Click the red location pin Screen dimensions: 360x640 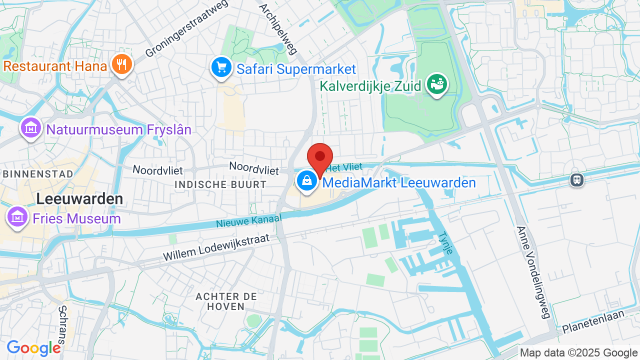(320, 157)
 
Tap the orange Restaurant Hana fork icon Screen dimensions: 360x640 (121, 64)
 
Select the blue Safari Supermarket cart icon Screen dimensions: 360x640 (220, 67)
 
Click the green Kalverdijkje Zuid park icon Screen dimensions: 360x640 (437, 84)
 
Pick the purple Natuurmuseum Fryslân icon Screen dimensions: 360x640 (31, 128)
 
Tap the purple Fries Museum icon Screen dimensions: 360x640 (17, 217)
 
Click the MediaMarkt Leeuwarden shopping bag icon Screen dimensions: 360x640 (307, 181)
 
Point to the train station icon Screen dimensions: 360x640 (577, 180)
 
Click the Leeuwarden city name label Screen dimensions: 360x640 (79, 199)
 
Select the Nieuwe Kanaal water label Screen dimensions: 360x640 (249, 220)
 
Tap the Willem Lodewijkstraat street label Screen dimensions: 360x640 (216, 247)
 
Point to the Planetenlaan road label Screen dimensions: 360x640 (593, 321)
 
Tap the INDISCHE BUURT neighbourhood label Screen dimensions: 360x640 (220, 184)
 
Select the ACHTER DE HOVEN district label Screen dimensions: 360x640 (226, 301)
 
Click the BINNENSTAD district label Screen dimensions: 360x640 (38, 174)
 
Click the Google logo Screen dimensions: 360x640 (33, 348)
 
